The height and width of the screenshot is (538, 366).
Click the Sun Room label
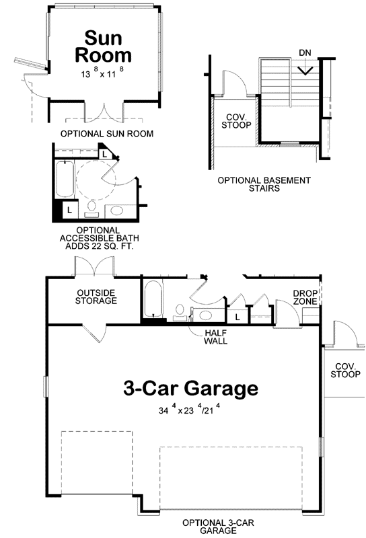104,46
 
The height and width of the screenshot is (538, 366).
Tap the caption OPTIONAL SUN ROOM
107,134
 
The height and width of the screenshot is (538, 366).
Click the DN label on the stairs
304,52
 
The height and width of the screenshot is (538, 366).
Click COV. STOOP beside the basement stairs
235,120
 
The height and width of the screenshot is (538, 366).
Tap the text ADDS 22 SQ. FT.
97,246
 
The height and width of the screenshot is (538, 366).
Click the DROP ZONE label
305,297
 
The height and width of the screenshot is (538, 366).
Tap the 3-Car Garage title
190,388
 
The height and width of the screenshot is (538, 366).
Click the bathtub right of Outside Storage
153,301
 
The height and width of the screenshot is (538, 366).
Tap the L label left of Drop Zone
237,316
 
